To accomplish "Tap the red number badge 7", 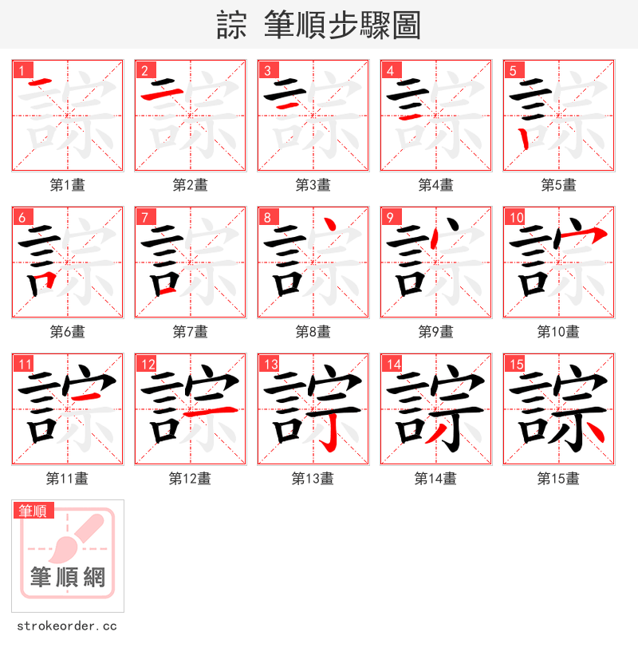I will tap(144, 217).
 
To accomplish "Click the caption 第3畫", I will tap(313, 185).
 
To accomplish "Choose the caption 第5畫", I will tap(558, 185).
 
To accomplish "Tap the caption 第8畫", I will tap(313, 332).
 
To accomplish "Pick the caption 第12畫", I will tap(190, 479).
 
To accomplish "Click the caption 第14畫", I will tap(435, 479).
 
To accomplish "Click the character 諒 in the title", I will tap(232, 26).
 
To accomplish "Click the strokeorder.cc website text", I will tap(67, 626).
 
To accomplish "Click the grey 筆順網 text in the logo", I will tap(68, 576).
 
